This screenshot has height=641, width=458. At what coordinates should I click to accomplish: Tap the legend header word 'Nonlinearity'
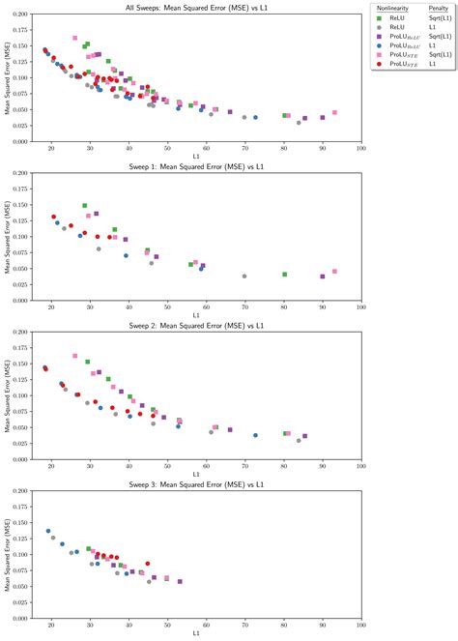[x=389, y=7]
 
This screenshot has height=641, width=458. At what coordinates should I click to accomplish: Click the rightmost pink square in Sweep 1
[x=334, y=272]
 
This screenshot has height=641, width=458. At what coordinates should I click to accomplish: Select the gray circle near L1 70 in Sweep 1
[x=244, y=277]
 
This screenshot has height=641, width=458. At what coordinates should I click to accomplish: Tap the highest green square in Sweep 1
[x=85, y=206]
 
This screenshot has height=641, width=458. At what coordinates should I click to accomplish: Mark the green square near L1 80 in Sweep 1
[x=284, y=275]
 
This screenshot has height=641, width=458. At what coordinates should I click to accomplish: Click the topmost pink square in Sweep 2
[x=75, y=356]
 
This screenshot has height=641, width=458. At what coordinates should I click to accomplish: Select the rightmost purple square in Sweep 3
[x=180, y=582]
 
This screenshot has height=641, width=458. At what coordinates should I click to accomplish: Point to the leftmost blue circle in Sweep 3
[x=48, y=531]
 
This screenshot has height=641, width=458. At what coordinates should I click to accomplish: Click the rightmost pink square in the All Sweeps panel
[x=334, y=113]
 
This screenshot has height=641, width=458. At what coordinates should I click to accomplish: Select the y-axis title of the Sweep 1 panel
[x=7, y=237]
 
